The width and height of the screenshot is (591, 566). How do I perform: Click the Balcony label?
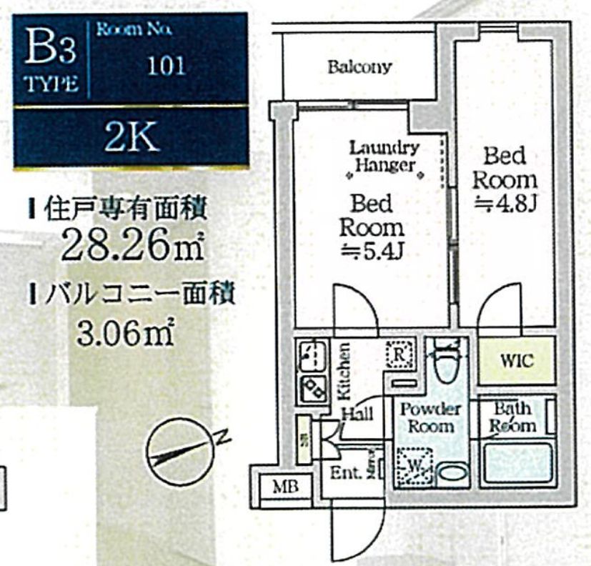359,67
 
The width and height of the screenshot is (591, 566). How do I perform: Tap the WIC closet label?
516,359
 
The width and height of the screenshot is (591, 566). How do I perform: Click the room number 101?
166,66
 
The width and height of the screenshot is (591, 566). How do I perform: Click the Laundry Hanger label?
384,157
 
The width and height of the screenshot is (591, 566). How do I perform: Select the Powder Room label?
430,417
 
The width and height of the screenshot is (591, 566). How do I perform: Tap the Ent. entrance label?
344,472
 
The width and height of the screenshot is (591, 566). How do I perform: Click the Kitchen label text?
344,372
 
